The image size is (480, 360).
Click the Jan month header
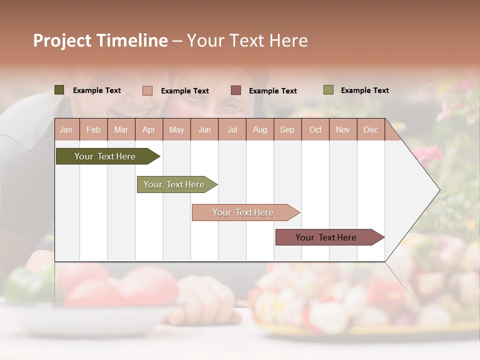point(66,130)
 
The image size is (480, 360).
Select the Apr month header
point(149,130)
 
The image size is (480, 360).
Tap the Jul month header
point(232,130)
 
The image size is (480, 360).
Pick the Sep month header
point(287,130)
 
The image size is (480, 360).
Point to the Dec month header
point(370,130)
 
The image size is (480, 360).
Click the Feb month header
point(93,130)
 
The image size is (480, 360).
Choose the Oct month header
point(315,130)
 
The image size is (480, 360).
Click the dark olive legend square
point(59,90)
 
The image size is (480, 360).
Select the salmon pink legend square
point(147,90)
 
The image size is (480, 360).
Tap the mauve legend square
point(236,90)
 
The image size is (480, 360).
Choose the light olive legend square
point(328,90)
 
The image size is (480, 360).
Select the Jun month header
point(204,130)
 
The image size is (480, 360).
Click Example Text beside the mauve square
point(273,91)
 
